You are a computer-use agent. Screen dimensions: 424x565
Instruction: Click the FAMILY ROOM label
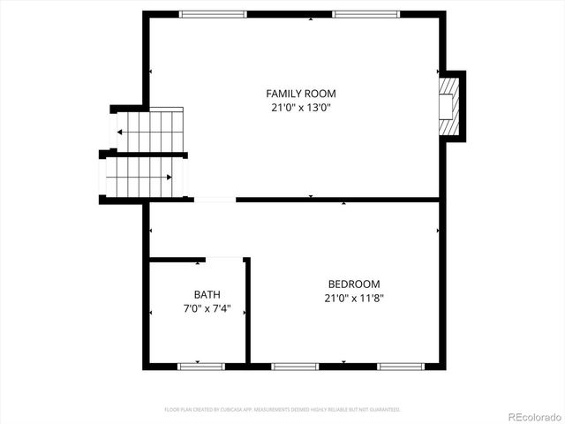click(x=301, y=93)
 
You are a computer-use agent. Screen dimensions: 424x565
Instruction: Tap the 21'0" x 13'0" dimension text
click(x=301, y=108)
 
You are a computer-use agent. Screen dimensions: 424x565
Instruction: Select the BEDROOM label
click(x=354, y=284)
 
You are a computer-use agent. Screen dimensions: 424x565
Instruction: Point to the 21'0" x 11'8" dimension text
click(x=354, y=298)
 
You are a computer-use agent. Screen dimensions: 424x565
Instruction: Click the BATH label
click(x=207, y=294)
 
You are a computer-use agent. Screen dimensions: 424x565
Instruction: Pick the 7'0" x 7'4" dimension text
click(x=207, y=308)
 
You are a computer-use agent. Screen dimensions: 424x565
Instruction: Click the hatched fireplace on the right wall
click(x=451, y=105)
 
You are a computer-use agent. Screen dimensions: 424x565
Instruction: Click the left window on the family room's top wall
click(x=213, y=14)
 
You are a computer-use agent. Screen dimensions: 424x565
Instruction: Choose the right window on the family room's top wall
click(x=365, y=14)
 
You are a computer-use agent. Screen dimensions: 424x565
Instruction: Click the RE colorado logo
click(x=531, y=413)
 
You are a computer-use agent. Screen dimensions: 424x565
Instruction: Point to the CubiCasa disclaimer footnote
click(x=282, y=410)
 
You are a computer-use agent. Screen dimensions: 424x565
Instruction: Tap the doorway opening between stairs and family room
click(x=215, y=200)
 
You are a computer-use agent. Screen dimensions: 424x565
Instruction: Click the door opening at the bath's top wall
click(x=224, y=259)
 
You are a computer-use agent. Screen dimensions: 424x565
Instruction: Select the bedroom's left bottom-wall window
click(x=294, y=365)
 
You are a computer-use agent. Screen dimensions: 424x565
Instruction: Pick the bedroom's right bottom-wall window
click(x=401, y=365)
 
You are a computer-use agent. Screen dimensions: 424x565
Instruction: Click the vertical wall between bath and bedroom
click(x=247, y=311)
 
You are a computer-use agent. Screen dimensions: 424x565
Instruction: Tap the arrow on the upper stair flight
click(x=121, y=132)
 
